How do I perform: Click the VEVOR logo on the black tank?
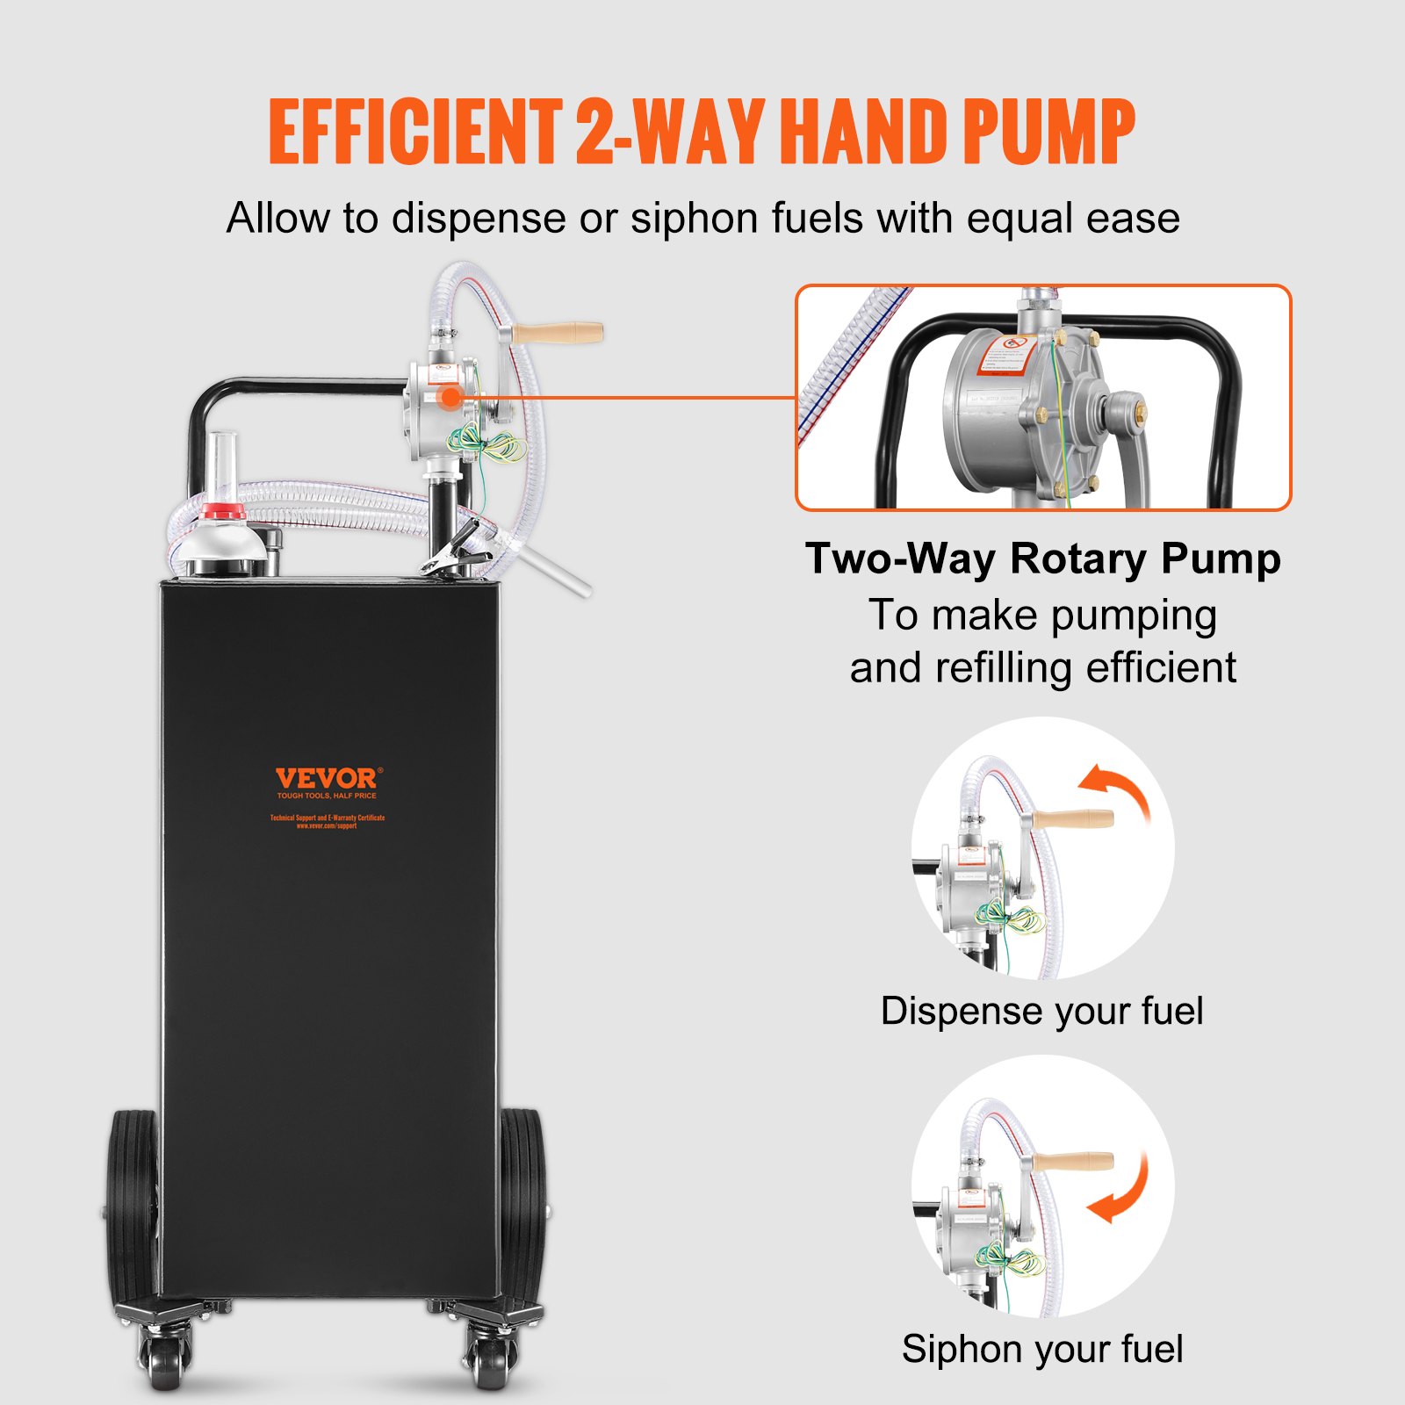pos(327,779)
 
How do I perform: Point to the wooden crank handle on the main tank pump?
pos(558,334)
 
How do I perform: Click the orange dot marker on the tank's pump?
pos(450,397)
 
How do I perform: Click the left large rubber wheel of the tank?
pos(132,1203)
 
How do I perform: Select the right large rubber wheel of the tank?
pos(523,1203)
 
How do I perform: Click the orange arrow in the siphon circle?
pos(1122,1190)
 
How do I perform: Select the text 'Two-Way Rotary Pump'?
pos(1042,558)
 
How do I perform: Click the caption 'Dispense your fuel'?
pos(1041,1011)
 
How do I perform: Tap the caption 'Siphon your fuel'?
pos(1042,1349)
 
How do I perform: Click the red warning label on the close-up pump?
pos(1005,355)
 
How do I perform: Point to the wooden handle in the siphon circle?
pos(1071,1162)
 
